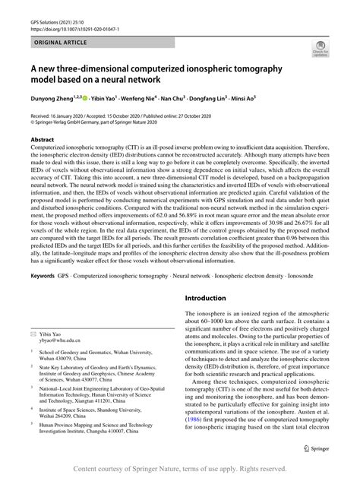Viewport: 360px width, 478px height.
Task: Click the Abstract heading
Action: point(43,141)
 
